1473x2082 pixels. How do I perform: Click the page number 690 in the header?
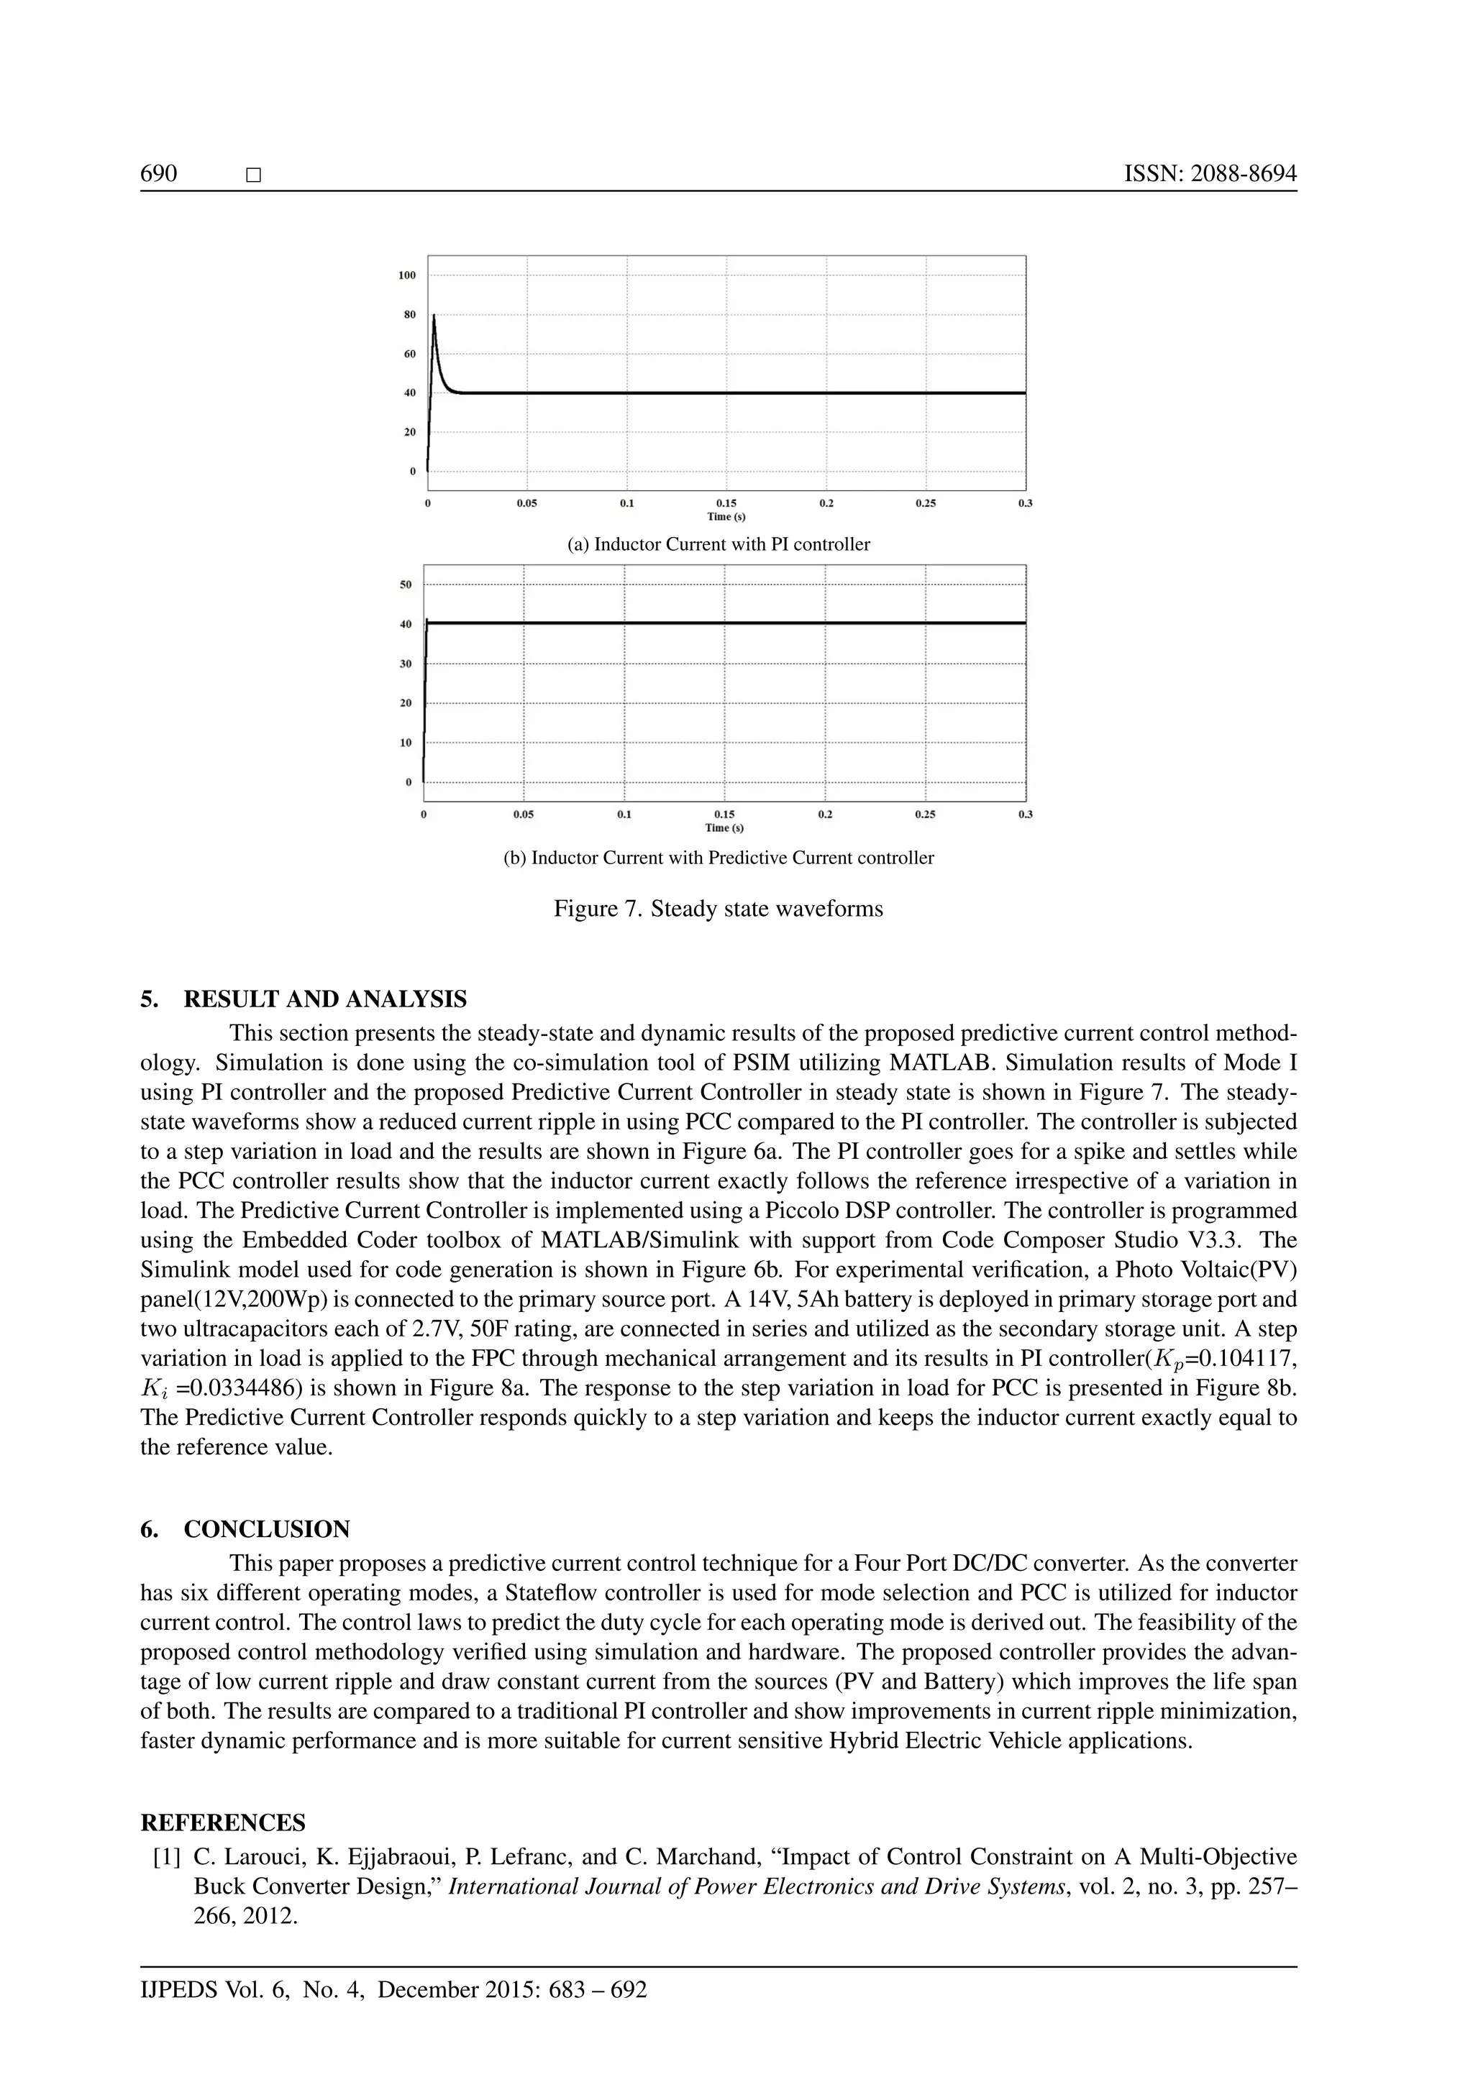159,174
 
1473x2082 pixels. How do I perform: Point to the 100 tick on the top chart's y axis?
407,275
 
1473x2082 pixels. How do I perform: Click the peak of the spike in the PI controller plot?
434,316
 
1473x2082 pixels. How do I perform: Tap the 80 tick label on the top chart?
410,315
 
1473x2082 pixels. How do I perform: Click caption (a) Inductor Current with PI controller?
719,544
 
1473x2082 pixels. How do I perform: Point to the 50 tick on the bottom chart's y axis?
406,585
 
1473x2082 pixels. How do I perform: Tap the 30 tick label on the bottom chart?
406,664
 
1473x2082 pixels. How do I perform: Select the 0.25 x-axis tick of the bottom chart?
924,815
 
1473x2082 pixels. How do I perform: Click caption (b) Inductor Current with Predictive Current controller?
719,858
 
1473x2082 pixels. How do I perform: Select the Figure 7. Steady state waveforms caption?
719,909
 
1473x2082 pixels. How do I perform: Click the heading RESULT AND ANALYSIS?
324,999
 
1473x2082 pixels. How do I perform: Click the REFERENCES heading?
223,1822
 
